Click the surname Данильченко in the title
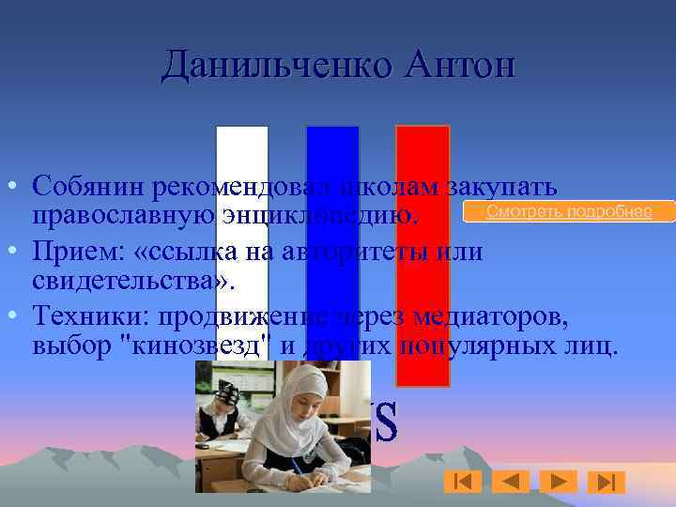(278, 67)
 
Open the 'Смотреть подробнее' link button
(569, 211)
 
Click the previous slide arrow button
(511, 482)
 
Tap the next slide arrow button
(559, 482)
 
